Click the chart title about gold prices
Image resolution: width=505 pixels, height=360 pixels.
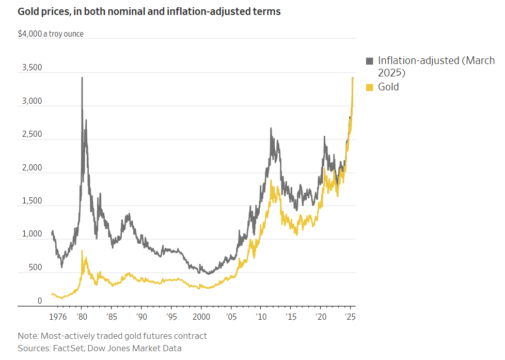[149, 11]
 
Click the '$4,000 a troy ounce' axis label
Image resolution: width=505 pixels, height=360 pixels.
[51, 34]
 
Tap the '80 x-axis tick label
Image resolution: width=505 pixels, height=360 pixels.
[81, 317]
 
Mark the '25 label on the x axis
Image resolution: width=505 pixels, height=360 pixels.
[350, 317]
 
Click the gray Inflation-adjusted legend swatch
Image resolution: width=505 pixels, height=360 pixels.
[369, 61]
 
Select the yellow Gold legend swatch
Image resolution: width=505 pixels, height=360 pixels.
[369, 87]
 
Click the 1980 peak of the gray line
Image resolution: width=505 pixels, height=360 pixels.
[82, 77]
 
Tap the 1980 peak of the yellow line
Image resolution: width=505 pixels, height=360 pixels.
[82, 251]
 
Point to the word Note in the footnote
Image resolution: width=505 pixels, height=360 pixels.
[28, 336]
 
